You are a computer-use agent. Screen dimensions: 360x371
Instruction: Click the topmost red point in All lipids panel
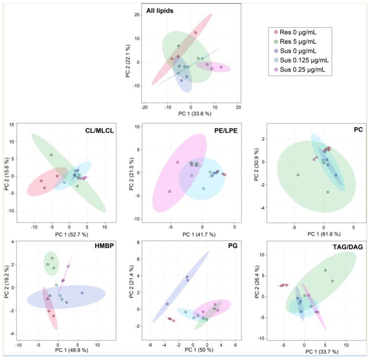tap(195, 33)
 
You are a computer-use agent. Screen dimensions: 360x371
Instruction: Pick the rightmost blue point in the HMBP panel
tap(82, 293)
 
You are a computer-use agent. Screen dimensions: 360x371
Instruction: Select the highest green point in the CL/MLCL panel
tap(52, 155)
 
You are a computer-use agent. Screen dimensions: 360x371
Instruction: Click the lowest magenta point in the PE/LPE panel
tap(169, 191)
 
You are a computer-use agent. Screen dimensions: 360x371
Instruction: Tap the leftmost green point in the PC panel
tap(298, 175)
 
